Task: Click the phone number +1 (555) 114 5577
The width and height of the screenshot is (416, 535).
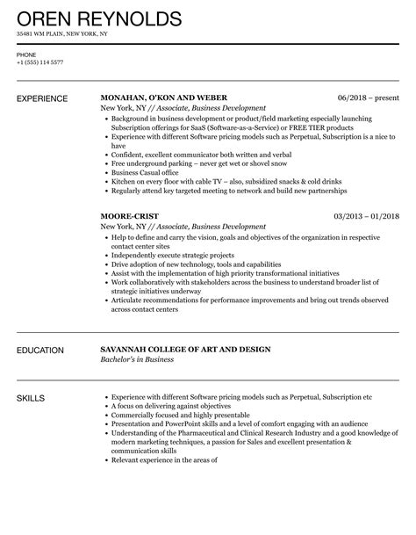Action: tap(39, 62)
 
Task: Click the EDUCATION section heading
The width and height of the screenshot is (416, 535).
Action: tap(42, 350)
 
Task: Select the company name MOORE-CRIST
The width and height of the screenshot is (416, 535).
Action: tap(132, 215)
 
